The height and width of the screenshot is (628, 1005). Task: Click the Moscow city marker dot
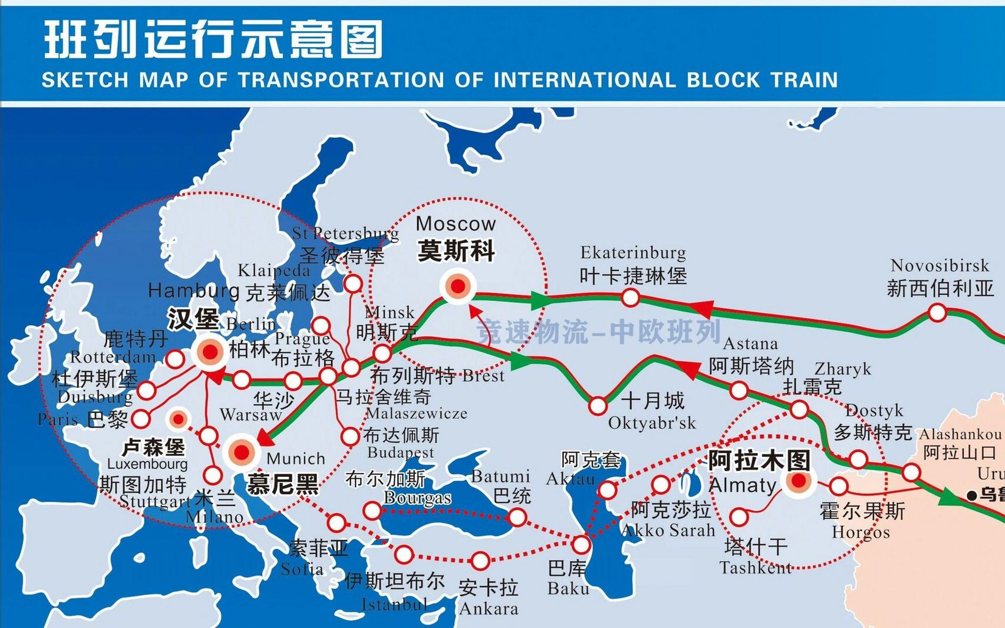tap(458, 287)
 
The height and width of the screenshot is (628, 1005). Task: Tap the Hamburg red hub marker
tap(210, 351)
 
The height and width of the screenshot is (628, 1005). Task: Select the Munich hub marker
tap(241, 452)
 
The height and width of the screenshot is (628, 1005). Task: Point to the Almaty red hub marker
tap(798, 481)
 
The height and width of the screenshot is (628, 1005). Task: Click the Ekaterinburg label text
tap(633, 253)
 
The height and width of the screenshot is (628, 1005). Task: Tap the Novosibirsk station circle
tap(937, 313)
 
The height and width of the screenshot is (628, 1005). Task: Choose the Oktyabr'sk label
tap(652, 423)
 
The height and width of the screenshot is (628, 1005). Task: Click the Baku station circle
tap(581, 545)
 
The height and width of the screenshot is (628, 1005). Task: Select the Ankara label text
tap(489, 609)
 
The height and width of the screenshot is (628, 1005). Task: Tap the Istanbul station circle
tap(404, 554)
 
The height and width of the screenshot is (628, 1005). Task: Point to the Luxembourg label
tap(147, 464)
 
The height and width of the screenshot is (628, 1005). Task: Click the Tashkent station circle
tap(739, 517)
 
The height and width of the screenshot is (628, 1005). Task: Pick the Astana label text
tap(750, 343)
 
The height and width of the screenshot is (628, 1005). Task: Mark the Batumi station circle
tap(517, 517)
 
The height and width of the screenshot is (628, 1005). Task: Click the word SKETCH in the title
tap(85, 80)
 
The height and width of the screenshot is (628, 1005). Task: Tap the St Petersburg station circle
tap(353, 284)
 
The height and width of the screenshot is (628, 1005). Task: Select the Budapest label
tap(400, 452)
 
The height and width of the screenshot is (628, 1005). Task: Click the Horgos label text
tap(860, 532)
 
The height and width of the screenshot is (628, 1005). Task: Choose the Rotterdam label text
tap(113, 357)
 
